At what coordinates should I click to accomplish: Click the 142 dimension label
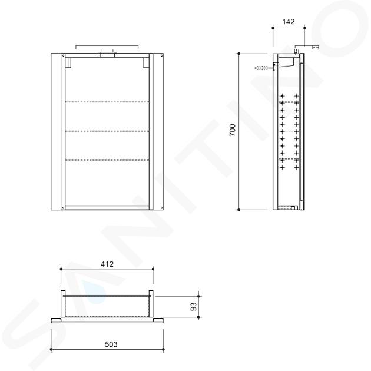pyautogui.click(x=289, y=22)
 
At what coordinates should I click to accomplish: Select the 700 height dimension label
pyautogui.click(x=233, y=130)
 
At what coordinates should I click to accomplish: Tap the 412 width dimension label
pyautogui.click(x=107, y=264)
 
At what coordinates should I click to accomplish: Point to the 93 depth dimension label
pyautogui.click(x=194, y=307)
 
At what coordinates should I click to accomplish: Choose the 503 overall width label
pyautogui.click(x=111, y=344)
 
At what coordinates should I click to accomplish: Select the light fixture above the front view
pyautogui.click(x=107, y=49)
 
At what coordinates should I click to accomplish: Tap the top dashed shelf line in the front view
pyautogui.click(x=107, y=102)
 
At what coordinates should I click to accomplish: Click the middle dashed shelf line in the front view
pyautogui.click(x=107, y=131)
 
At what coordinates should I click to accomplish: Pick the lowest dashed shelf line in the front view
pyautogui.click(x=107, y=160)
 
